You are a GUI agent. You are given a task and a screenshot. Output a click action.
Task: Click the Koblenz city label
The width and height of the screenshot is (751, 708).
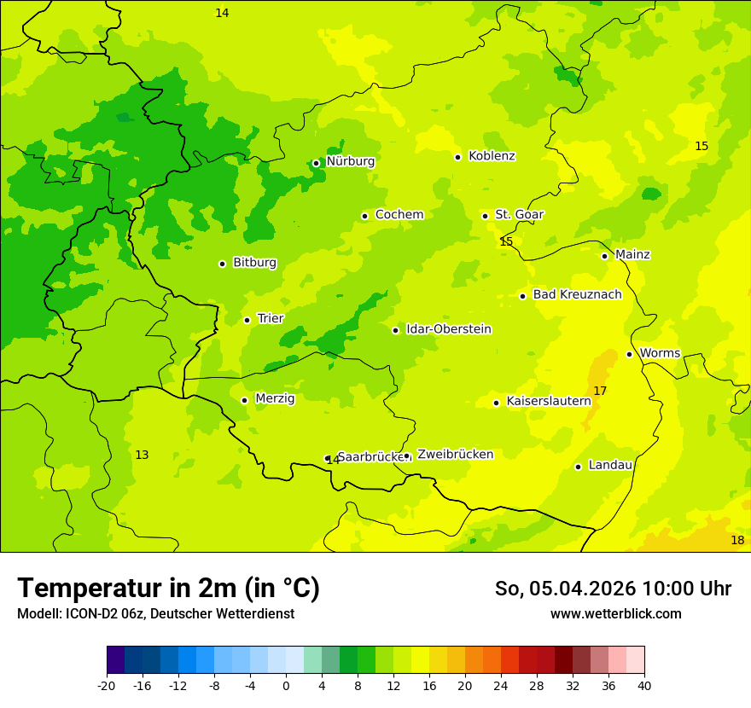[x=492, y=156]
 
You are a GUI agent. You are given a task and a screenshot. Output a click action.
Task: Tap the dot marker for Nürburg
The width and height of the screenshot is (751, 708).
[x=316, y=163]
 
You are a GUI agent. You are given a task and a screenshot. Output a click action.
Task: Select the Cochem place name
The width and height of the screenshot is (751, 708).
[x=399, y=215]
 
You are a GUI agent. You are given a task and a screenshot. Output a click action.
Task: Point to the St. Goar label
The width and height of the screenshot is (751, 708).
[x=519, y=215]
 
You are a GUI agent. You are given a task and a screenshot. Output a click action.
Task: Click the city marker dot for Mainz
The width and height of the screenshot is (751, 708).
[x=604, y=256]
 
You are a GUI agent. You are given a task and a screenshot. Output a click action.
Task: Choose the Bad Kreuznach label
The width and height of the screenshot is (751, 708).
[x=577, y=295]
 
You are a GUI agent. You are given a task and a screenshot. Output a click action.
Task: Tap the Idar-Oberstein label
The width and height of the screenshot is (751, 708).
[x=449, y=329]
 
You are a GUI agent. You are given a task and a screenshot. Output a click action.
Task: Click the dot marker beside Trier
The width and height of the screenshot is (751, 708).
[x=247, y=320]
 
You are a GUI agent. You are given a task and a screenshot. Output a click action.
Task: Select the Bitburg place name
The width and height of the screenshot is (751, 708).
[x=254, y=263]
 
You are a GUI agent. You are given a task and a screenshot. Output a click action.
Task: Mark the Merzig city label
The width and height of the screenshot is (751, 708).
[x=275, y=398]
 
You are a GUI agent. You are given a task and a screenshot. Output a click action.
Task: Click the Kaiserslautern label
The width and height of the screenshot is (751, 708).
[x=549, y=401]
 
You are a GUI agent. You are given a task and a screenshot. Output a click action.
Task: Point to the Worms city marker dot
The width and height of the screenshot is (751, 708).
[x=629, y=354]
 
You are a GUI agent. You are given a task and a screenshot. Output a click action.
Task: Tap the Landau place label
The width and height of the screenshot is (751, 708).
[x=610, y=465]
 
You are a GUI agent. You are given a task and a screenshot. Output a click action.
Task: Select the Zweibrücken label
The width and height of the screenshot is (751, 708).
[x=455, y=455]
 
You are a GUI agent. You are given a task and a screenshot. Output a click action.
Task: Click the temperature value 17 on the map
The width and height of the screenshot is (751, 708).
[x=600, y=391]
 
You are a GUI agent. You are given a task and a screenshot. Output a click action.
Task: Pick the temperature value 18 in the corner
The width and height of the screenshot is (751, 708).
[x=737, y=541]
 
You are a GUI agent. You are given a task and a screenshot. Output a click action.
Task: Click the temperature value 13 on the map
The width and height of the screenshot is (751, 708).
[x=142, y=455]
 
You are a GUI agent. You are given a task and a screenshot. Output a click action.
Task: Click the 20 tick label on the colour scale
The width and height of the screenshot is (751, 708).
[x=464, y=685]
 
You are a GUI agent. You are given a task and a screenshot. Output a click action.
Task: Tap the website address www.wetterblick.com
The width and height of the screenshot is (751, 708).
[x=615, y=613]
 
